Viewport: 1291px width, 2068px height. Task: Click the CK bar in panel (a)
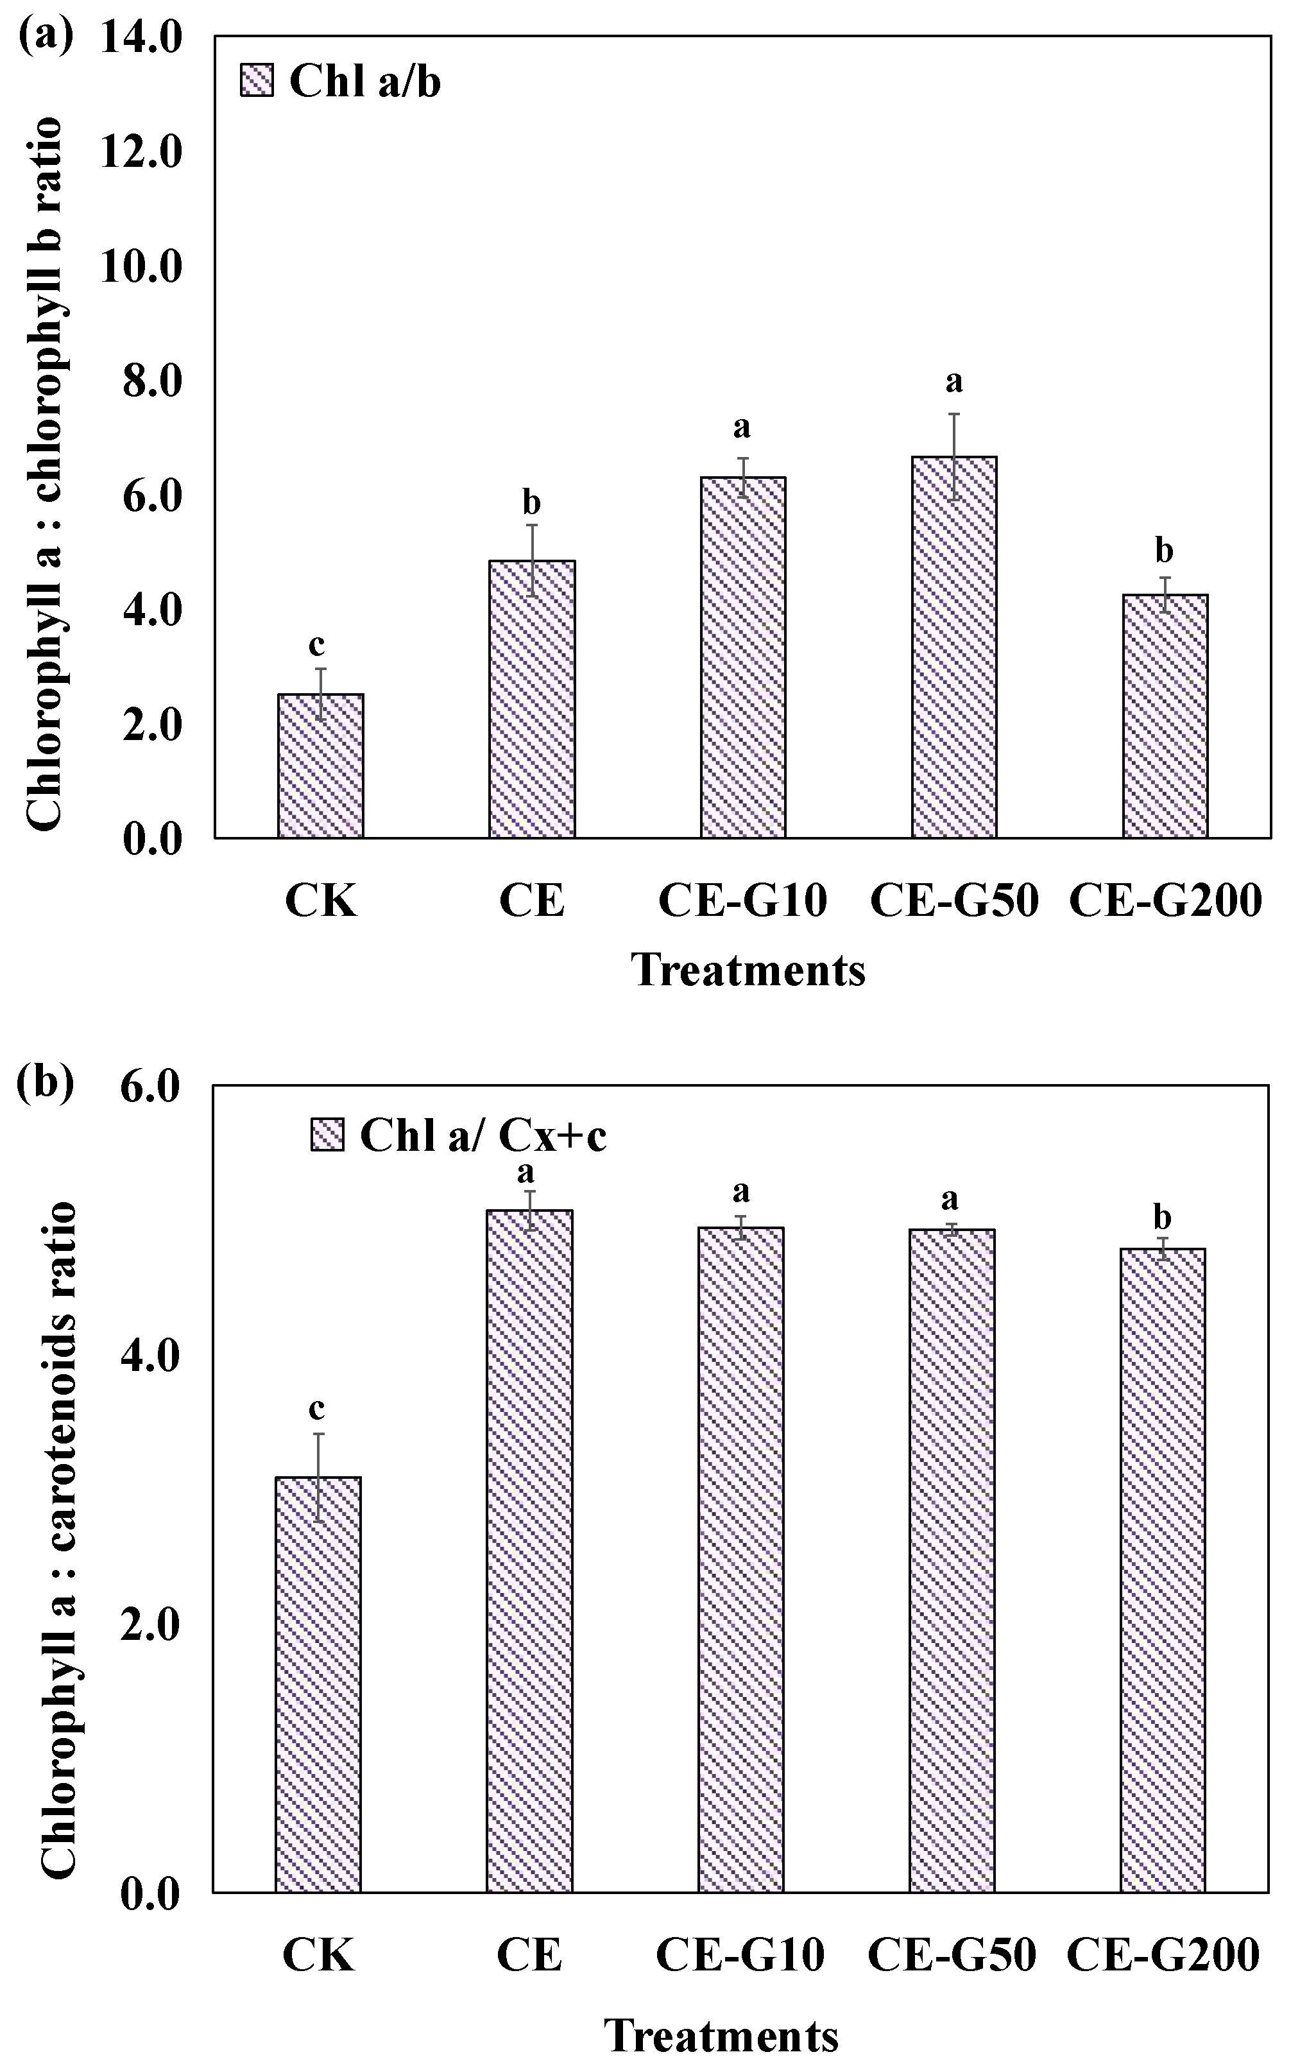click(x=321, y=765)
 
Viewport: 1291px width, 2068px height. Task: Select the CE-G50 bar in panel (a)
click(x=953, y=646)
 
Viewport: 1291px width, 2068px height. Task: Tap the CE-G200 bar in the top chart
click(x=1165, y=716)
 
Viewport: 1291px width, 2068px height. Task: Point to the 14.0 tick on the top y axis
click(x=142, y=39)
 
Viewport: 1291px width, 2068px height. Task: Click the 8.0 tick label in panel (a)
click(x=142, y=382)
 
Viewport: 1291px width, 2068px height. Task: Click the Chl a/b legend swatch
click(x=257, y=82)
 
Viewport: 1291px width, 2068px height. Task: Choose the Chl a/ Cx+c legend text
click(x=483, y=1135)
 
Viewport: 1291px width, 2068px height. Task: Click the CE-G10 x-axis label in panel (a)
click(x=742, y=900)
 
